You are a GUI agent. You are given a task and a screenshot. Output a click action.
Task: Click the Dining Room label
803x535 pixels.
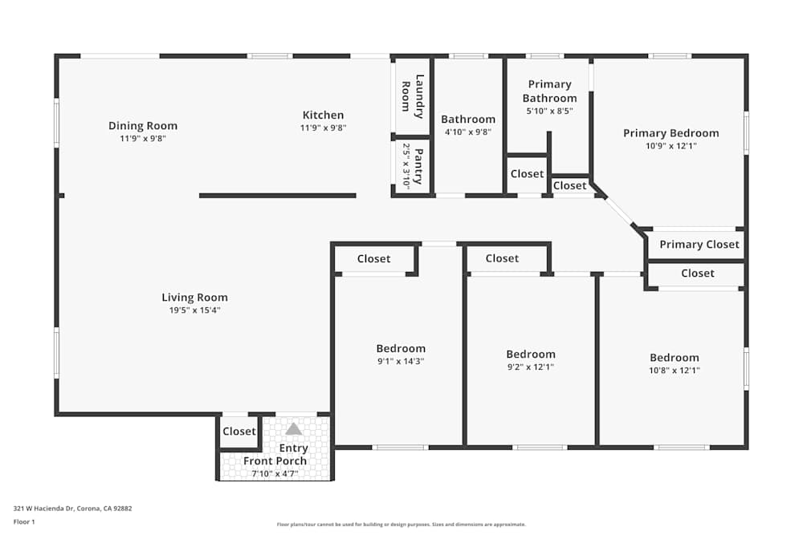coord(143,126)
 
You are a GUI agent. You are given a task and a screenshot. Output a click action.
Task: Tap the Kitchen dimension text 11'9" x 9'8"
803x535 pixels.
coord(323,128)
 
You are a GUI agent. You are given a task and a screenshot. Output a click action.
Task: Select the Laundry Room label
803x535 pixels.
coord(411,95)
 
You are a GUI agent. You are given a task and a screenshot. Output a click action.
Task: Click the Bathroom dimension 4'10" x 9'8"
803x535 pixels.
coord(468,132)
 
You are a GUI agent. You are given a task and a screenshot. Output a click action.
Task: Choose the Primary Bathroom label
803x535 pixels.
coord(549,91)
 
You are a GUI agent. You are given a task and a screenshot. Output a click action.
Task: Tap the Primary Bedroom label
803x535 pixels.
coord(671,133)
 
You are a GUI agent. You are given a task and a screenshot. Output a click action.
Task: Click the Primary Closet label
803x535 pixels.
coord(699,245)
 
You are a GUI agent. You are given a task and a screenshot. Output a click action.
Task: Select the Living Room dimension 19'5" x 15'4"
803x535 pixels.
coord(194,310)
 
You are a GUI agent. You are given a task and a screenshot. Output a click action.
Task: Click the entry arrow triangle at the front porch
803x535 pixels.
coord(294,429)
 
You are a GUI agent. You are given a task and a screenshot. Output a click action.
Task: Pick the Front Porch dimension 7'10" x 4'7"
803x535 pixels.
coord(275,473)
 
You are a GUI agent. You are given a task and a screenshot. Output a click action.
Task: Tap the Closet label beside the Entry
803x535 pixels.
coord(238,432)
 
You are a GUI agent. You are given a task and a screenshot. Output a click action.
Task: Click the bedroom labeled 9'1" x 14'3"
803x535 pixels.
coord(401,349)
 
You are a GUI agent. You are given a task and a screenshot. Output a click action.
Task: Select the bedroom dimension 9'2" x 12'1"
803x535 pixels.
coord(530,367)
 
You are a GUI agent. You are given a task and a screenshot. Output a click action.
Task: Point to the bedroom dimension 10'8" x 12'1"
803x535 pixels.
coord(674,370)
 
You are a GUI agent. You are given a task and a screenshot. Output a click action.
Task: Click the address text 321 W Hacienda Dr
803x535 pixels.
coord(72,508)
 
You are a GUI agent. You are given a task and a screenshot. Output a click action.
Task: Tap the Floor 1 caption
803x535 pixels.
coord(24,521)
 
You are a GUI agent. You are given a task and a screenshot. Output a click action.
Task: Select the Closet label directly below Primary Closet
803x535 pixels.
coord(697,274)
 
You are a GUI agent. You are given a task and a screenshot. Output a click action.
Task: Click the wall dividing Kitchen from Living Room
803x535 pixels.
coord(277,195)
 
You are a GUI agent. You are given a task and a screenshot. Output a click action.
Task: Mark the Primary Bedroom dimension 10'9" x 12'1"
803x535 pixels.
coord(671,146)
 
